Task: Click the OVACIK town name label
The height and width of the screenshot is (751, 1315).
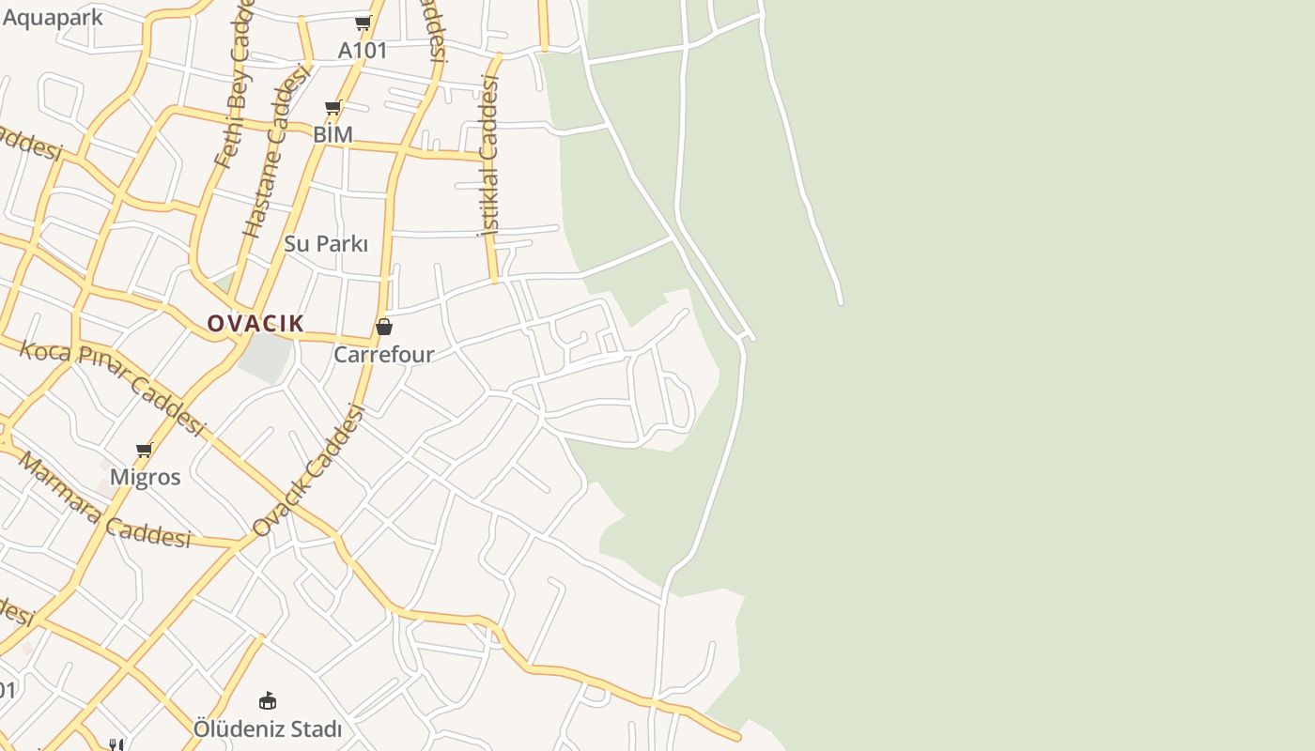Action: click(255, 324)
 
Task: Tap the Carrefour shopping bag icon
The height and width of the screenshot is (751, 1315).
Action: click(384, 327)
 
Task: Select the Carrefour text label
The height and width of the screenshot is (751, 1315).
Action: click(384, 355)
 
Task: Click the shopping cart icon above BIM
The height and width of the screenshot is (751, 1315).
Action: click(333, 108)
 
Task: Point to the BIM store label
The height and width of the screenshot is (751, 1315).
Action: click(333, 134)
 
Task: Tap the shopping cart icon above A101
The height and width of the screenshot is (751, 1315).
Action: click(363, 23)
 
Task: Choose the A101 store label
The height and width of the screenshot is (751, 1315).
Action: click(363, 50)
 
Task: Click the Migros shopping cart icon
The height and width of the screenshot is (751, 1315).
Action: click(145, 451)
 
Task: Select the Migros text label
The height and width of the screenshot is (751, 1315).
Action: click(145, 477)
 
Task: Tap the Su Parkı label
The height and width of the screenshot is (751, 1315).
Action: click(326, 244)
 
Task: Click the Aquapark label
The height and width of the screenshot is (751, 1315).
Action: click(53, 17)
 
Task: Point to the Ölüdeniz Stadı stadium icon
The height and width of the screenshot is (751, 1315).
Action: click(268, 700)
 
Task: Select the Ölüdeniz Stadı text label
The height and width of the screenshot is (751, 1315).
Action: click(268, 728)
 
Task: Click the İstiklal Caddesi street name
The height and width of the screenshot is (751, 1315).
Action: click(489, 155)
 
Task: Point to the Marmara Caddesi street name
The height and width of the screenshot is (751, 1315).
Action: click(103, 500)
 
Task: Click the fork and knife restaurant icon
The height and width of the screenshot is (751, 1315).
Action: click(116, 744)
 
